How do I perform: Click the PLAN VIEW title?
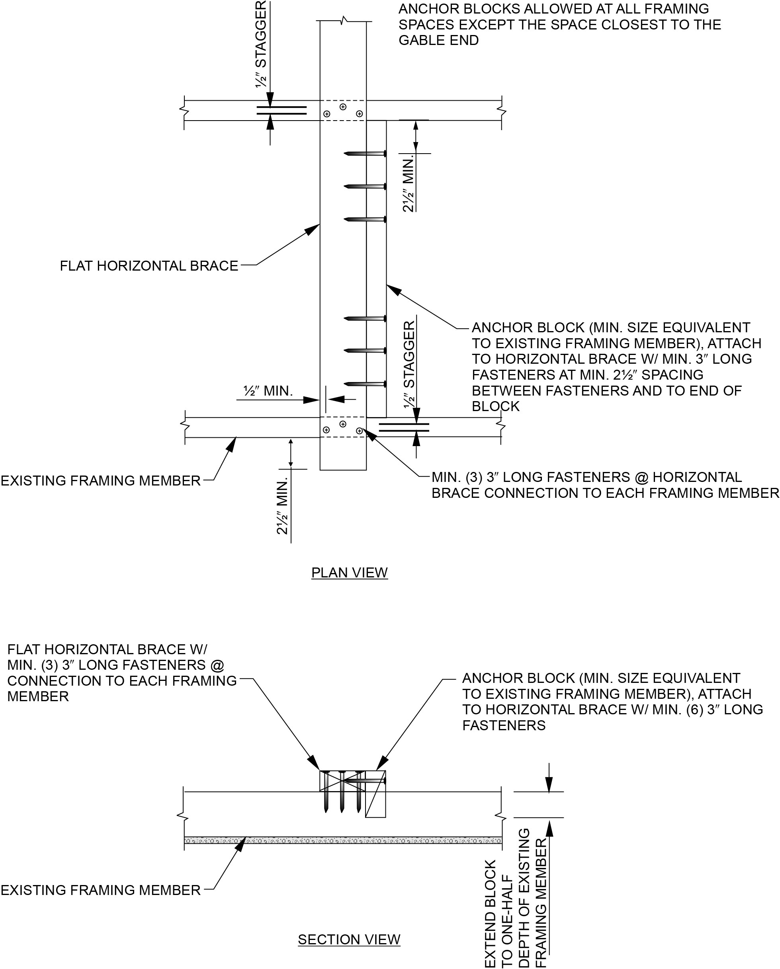(x=349, y=573)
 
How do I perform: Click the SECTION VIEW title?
(x=349, y=939)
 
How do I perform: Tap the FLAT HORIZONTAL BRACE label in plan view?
(x=149, y=266)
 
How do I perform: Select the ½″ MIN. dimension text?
(x=268, y=391)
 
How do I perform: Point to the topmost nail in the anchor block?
(x=365, y=154)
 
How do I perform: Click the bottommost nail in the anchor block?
(x=365, y=384)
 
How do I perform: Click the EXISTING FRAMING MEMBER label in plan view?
(x=100, y=481)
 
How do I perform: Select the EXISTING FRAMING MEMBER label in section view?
(x=100, y=890)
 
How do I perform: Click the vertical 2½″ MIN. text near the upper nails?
(x=408, y=184)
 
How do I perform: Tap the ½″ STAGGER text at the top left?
(x=261, y=44)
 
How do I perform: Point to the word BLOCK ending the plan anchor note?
(x=495, y=406)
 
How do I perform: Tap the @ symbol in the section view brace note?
(x=217, y=665)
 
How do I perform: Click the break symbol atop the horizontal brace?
(x=344, y=20)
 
